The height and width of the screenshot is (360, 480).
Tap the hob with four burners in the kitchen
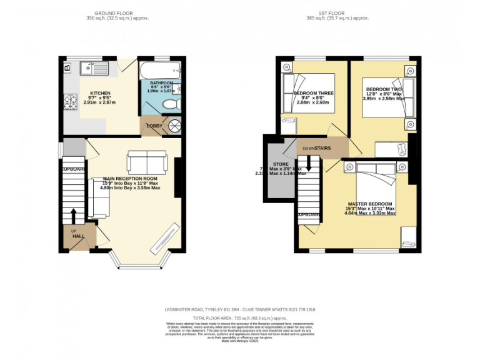coord(69,101)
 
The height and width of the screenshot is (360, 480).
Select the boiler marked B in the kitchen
coord(67,66)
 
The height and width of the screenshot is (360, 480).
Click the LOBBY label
coord(154,126)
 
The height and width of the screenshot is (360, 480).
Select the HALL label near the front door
coord(78,236)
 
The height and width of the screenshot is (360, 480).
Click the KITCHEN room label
coord(100,92)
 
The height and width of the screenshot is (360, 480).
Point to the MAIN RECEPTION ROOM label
coord(129,178)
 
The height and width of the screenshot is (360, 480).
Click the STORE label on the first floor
coord(281,165)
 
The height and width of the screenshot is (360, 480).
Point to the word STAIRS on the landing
coord(322,148)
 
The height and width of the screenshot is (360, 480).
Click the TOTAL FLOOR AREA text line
coord(240,317)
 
